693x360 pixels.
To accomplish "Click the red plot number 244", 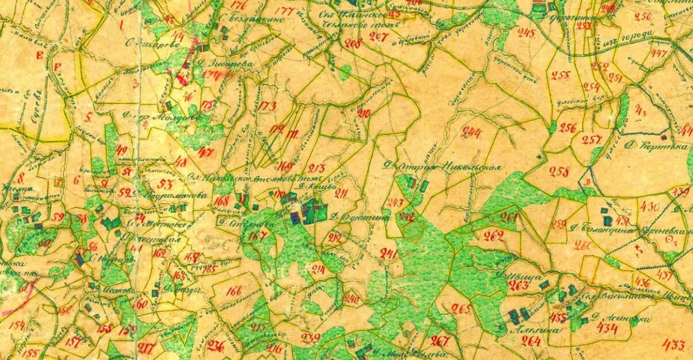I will tap(474, 133).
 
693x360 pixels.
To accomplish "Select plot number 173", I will tap(267, 106).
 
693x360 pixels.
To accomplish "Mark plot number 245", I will tap(526, 33).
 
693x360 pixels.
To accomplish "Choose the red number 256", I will tap(568, 128).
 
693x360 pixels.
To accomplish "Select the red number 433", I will tap(673, 345).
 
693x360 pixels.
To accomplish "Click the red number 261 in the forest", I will tap(508, 217).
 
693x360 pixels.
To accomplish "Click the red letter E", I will tap(40, 55).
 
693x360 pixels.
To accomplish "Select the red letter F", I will tap(57, 67).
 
